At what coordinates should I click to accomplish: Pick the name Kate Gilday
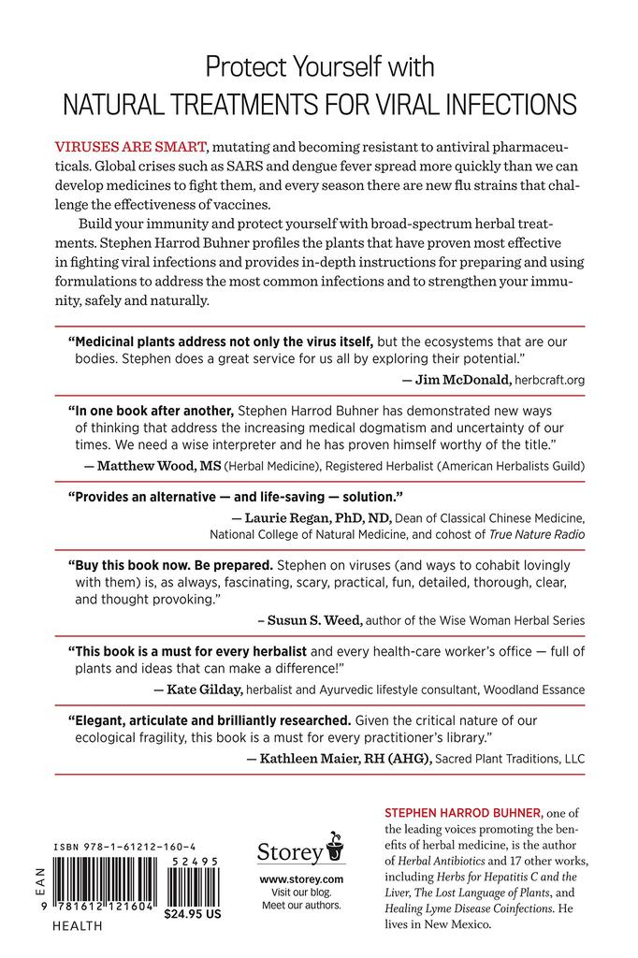coord(195,689)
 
